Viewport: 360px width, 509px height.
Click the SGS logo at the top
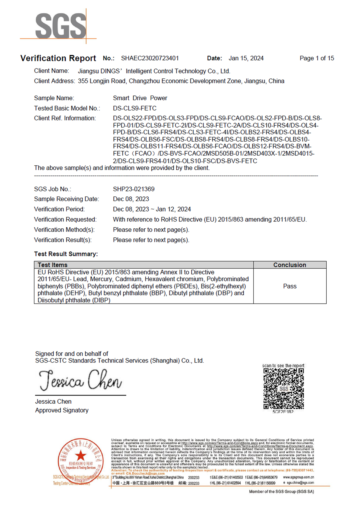click(60, 26)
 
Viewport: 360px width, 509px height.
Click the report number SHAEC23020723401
click(150, 58)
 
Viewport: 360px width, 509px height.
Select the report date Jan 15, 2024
click(246, 58)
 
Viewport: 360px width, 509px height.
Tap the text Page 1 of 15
click(317, 58)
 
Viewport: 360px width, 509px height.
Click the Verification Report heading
click(58, 58)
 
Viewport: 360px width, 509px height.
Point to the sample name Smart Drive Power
click(140, 98)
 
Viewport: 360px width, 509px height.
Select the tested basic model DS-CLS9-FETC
click(135, 108)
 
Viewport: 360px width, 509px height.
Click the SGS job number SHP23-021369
click(134, 189)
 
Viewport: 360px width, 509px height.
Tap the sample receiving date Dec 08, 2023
click(131, 199)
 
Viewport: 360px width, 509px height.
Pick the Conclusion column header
click(289, 265)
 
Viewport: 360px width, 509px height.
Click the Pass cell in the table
click(289, 286)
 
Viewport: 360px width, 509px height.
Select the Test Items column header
click(53, 265)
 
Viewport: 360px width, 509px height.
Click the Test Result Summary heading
click(66, 254)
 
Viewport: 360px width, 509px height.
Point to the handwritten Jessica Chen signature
click(80, 380)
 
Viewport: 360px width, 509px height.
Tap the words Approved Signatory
click(62, 410)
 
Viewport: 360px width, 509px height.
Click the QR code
click(283, 389)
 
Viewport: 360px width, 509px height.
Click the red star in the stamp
click(80, 456)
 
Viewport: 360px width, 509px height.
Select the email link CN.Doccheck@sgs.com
click(145, 473)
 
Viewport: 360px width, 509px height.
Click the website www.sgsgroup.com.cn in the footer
click(298, 477)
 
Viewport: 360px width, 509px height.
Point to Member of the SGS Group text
click(281, 492)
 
